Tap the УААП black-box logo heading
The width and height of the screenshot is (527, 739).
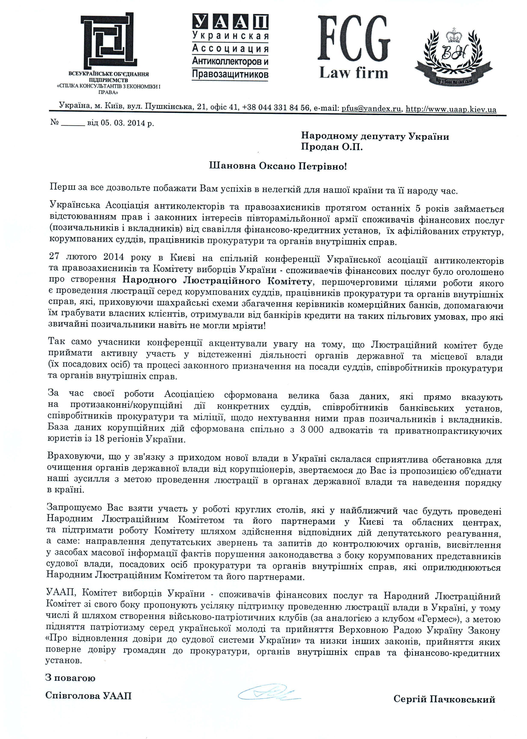(x=230, y=22)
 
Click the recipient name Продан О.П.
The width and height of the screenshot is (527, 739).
(x=331, y=147)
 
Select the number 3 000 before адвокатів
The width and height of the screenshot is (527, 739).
(x=312, y=430)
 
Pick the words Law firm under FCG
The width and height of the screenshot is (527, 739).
(x=354, y=73)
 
